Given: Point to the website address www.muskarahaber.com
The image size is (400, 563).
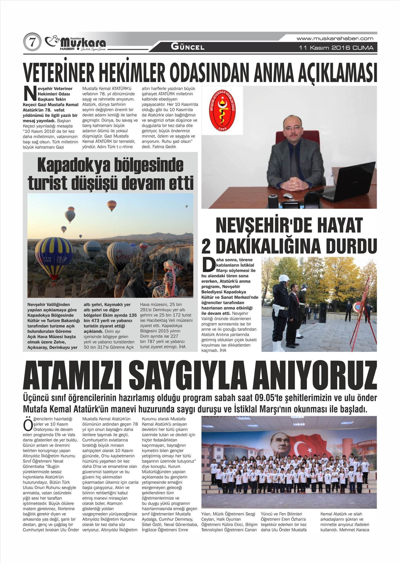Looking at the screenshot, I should tap(335, 38).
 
